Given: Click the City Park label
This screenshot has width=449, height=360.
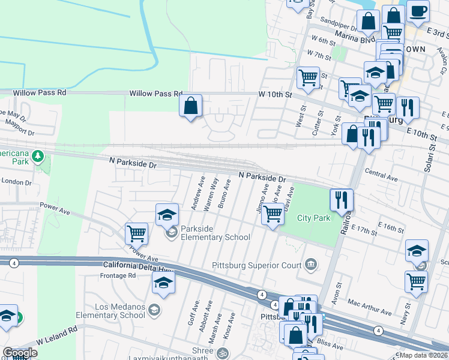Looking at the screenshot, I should pyautogui.click(x=314, y=218).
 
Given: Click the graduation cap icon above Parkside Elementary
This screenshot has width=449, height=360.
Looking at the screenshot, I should pyautogui.click(x=167, y=214).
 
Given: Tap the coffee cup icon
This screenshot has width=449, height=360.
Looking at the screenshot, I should pyautogui.click(x=418, y=10).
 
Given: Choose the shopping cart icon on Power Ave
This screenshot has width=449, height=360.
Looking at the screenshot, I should pyautogui.click(x=137, y=233).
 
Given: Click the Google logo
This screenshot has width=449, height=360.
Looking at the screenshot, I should pyautogui.click(x=20, y=353).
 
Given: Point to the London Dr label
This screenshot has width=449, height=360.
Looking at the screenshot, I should pyautogui.click(x=16, y=182).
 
